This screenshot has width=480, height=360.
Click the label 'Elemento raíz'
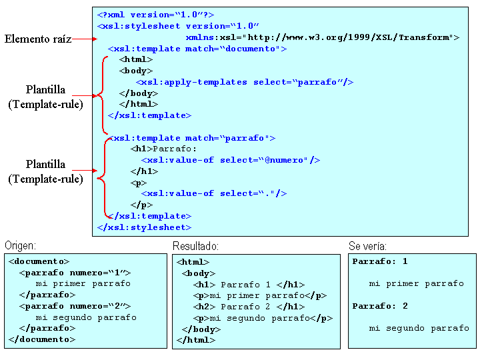38,39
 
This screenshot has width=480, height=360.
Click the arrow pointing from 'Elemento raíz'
81,39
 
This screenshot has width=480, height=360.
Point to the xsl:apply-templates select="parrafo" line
244,82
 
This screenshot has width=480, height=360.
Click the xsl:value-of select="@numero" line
231,160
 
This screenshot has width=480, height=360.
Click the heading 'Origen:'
20,246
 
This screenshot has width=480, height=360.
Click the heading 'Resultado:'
195,246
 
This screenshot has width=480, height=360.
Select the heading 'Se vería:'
367,246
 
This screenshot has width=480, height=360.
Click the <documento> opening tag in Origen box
39,261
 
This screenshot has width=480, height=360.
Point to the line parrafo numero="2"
75,306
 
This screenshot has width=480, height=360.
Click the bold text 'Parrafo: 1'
380,261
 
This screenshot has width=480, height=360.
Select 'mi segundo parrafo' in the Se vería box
419,328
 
